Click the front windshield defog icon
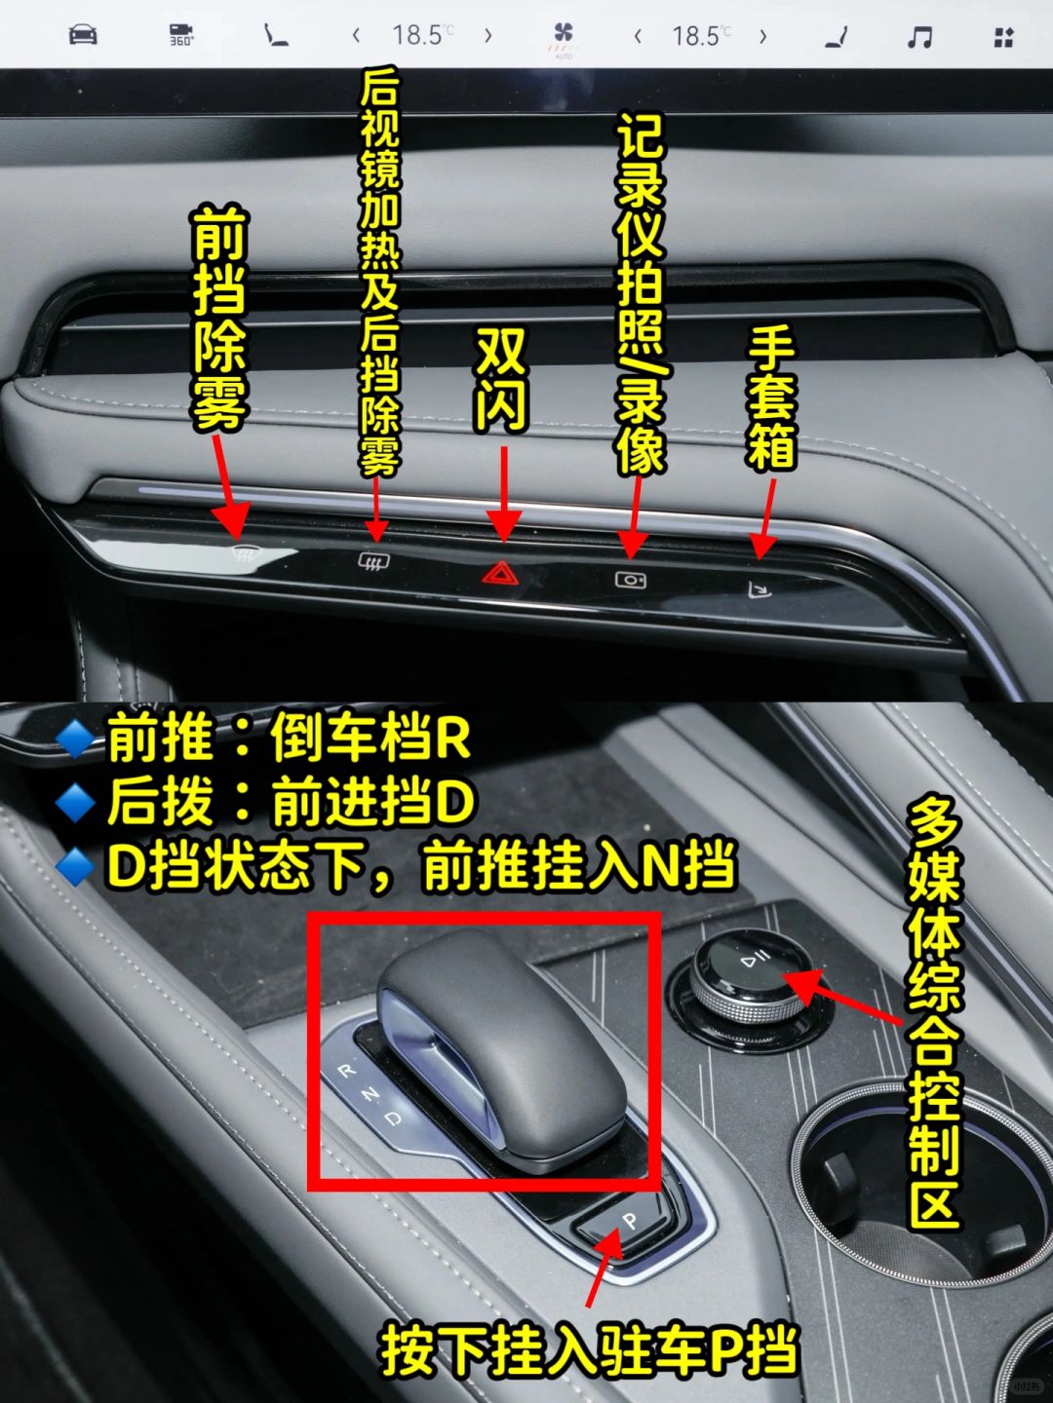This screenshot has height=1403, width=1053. tap(247, 551)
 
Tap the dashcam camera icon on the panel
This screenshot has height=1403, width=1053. tap(631, 580)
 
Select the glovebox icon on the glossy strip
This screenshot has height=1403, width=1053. tap(760, 589)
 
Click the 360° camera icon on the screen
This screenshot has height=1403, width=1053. tap(181, 34)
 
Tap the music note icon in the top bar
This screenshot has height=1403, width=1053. tap(919, 36)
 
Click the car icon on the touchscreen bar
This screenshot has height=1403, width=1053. tap(83, 34)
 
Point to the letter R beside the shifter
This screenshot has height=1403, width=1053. tap(347, 1070)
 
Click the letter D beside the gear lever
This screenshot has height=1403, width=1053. tap(393, 1119)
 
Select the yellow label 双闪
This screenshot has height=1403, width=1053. tap(500, 382)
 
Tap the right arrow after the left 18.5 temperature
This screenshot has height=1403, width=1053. tap(488, 36)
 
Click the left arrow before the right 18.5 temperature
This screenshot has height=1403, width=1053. tap(638, 36)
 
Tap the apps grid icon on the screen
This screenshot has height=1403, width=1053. tap(1004, 37)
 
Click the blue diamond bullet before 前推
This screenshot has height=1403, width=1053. tap(75, 739)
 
